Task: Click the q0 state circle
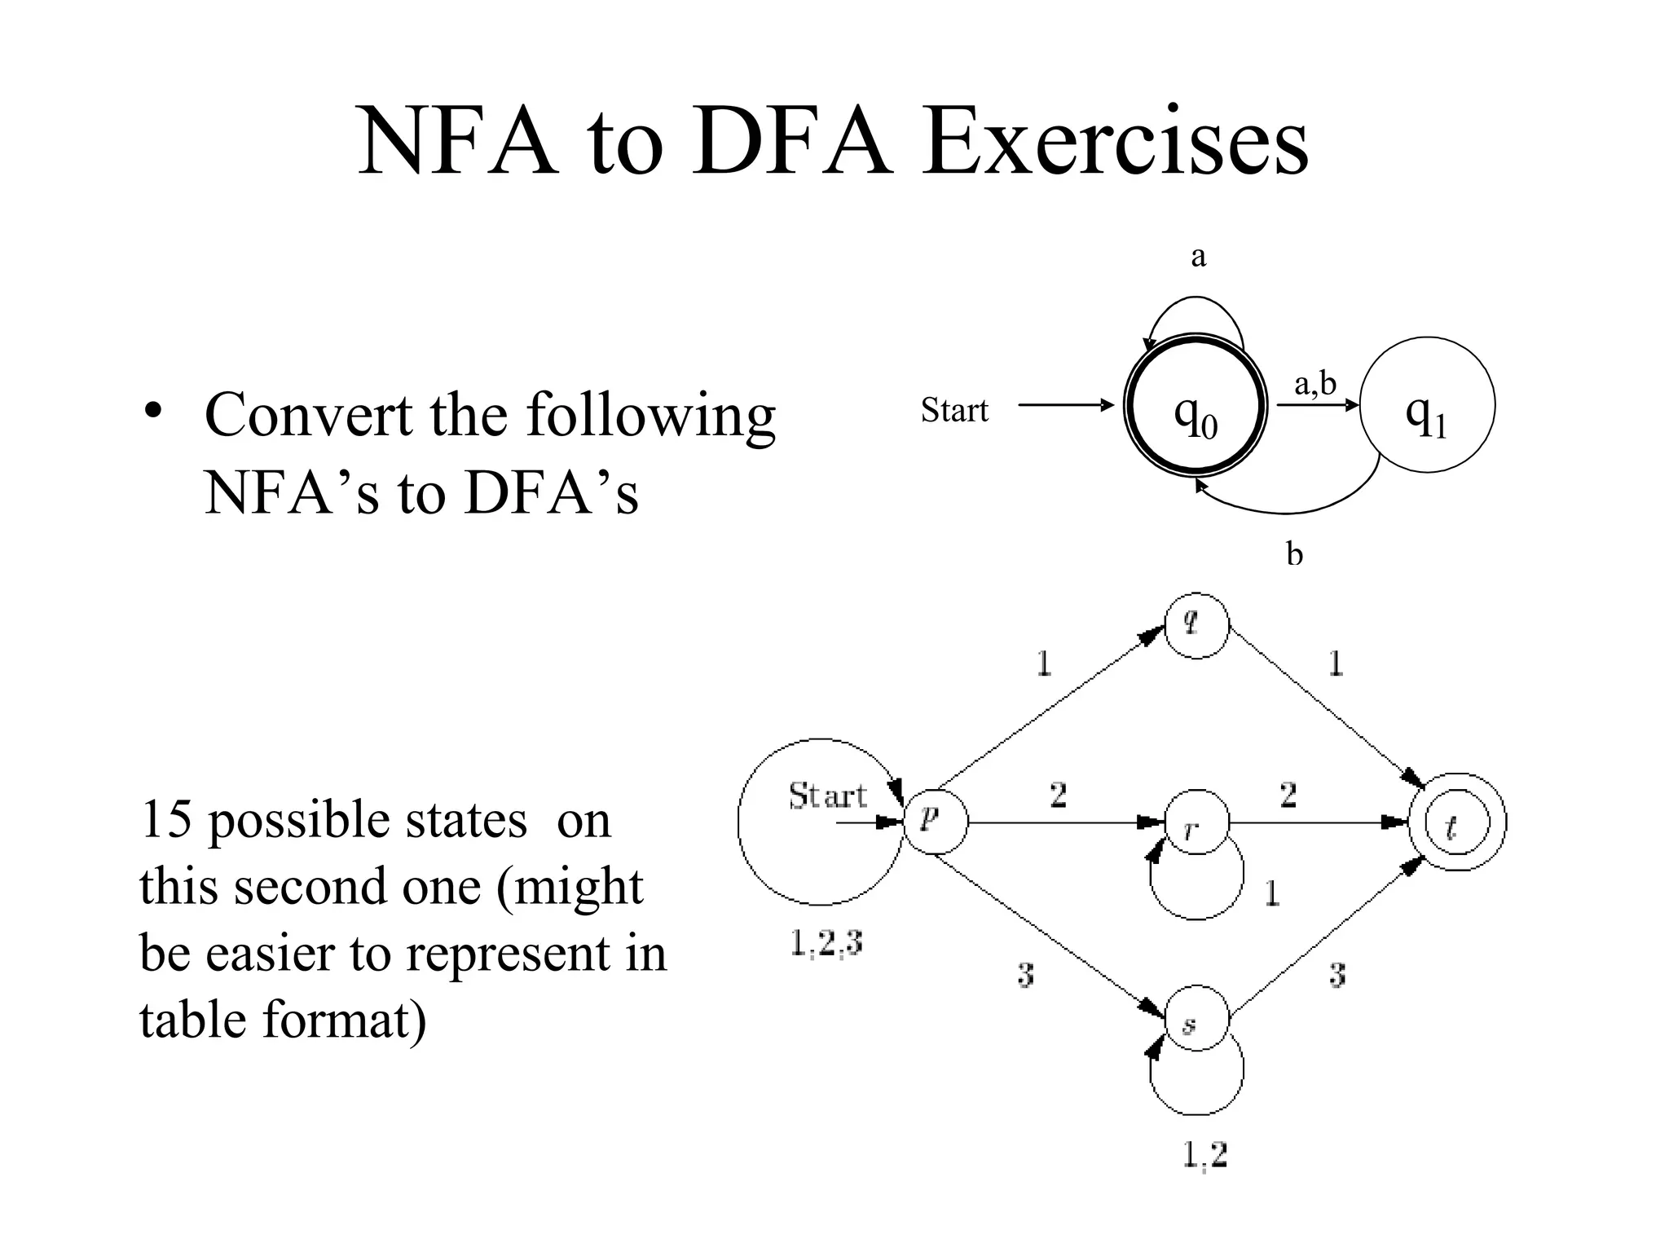click(x=1196, y=405)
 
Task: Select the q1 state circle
click(x=1427, y=405)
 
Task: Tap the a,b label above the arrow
click(x=1315, y=383)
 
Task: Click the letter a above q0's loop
click(x=1198, y=257)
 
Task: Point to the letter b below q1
click(x=1294, y=555)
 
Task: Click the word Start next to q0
click(x=954, y=410)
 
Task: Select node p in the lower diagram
click(x=936, y=822)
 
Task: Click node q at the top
click(x=1196, y=624)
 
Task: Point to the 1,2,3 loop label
click(x=826, y=944)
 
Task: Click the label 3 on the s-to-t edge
click(x=1337, y=974)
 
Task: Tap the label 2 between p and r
click(x=1058, y=794)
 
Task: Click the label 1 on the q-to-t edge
click(x=1336, y=663)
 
